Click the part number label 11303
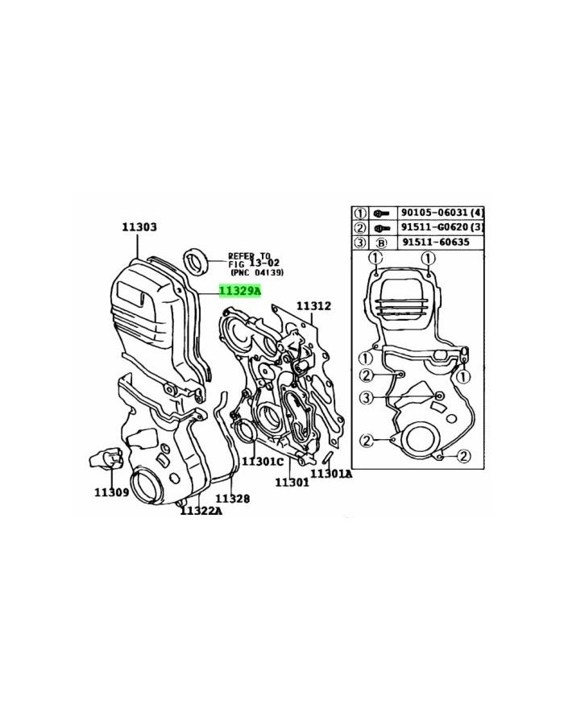139,226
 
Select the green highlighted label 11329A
240,291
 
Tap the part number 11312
313,306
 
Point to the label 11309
112,492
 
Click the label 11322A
201,511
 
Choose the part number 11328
232,499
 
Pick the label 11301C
263,462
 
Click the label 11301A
331,473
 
